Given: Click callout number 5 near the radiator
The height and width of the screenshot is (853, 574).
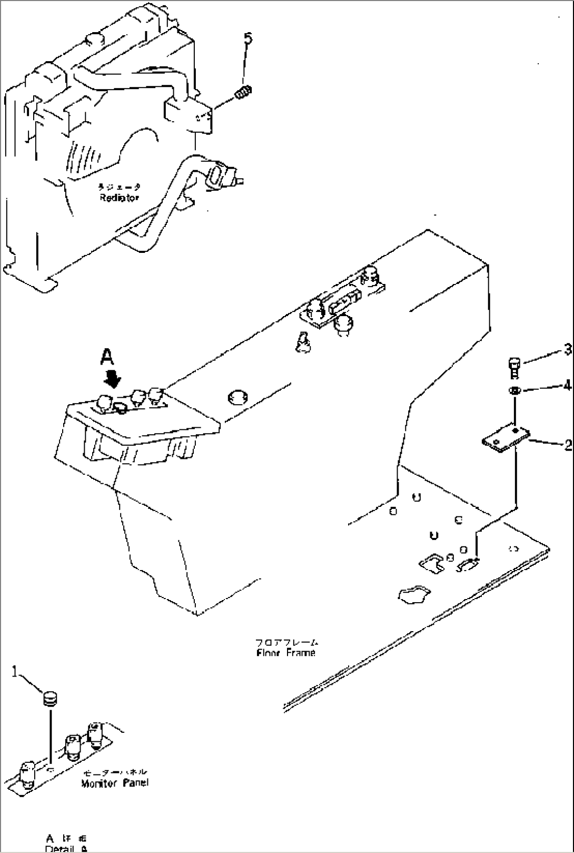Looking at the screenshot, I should click(248, 38).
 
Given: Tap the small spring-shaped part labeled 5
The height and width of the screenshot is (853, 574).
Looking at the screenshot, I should click(243, 94).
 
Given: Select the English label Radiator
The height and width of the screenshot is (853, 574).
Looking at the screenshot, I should click(120, 198).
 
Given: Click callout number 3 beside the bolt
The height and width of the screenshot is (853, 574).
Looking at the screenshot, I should click(568, 349).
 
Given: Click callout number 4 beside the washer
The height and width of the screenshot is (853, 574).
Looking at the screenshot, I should click(567, 386).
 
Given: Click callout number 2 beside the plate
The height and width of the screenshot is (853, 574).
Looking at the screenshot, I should click(568, 445).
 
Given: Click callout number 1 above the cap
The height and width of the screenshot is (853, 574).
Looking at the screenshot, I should click(16, 671).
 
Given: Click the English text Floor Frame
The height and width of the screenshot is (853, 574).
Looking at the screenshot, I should click(286, 653).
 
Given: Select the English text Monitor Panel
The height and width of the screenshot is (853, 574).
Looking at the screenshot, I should click(115, 783).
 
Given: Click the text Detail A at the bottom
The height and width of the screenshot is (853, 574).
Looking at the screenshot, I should click(66, 849).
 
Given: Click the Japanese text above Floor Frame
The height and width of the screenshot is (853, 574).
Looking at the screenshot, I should click(287, 642).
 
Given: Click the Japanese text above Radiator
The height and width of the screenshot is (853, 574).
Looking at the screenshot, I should click(119, 187).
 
